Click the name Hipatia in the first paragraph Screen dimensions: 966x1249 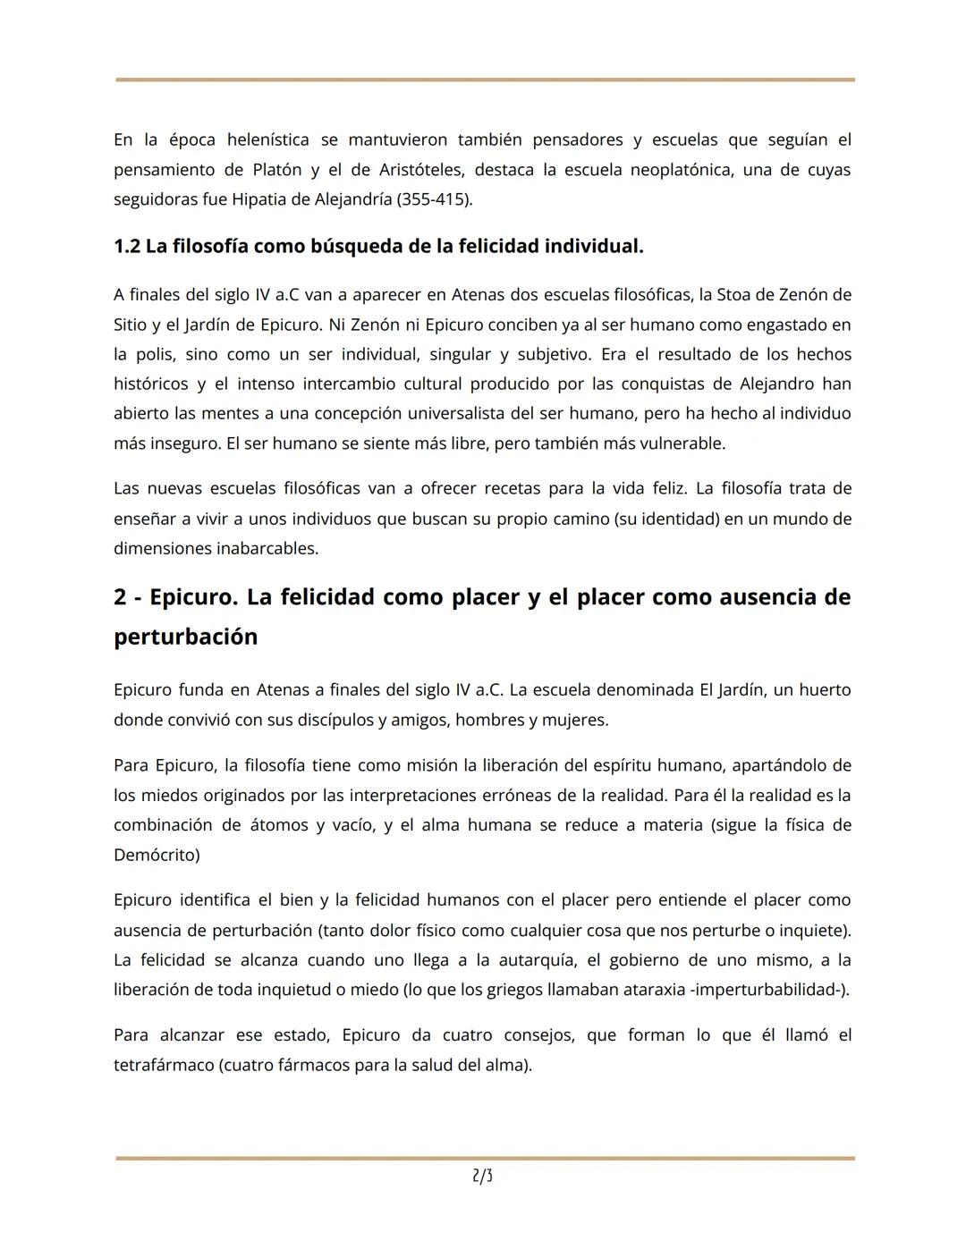tap(258, 199)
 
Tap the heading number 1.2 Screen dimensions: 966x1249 tap(127, 246)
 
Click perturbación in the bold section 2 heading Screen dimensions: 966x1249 tap(185, 637)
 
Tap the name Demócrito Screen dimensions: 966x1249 tap(157, 855)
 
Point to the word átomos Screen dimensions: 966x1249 tap(278, 824)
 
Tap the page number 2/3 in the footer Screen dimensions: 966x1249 tap(482, 1177)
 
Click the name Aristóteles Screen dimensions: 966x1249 tap(420, 170)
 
